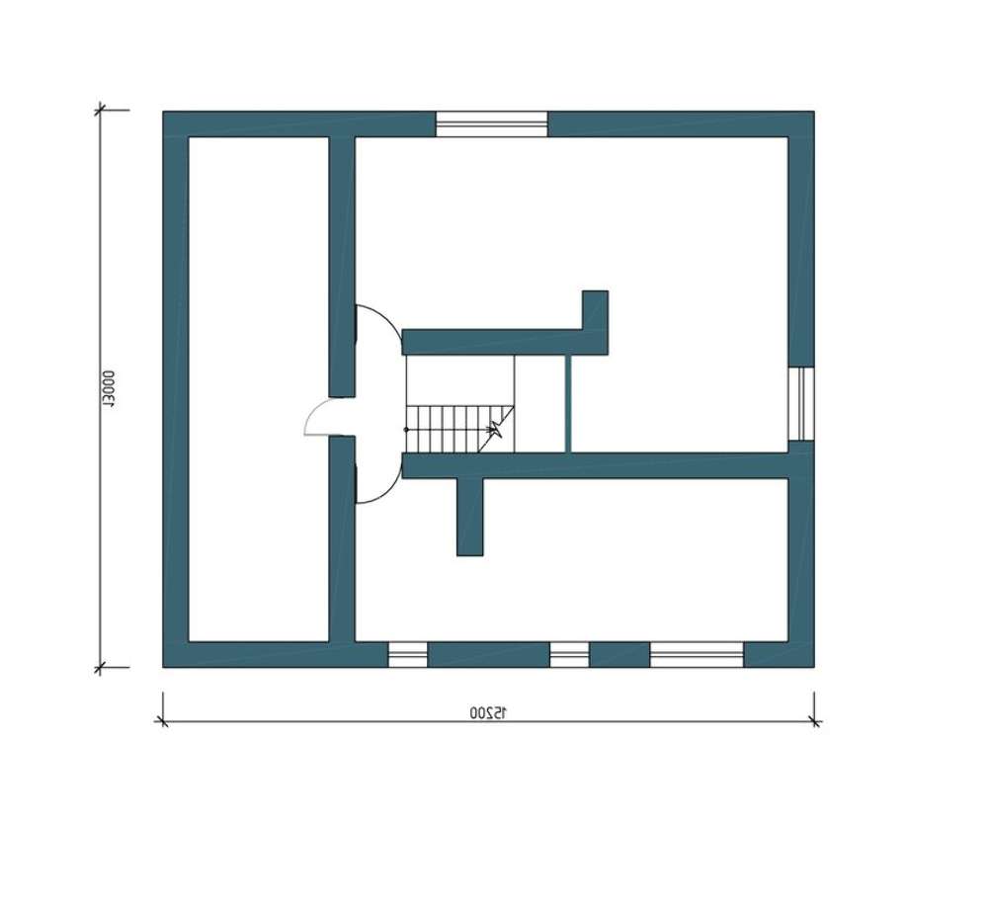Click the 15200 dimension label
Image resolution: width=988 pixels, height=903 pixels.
tap(488, 712)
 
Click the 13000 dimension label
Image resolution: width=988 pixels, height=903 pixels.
tap(109, 389)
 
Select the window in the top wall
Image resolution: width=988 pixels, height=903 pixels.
tap(492, 124)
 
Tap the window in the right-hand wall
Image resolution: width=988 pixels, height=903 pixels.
tap(801, 404)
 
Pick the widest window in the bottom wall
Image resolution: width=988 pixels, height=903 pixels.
tap(697, 655)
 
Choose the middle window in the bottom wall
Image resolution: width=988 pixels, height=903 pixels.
tap(570, 655)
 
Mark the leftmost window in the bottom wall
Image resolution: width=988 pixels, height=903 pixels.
tap(408, 655)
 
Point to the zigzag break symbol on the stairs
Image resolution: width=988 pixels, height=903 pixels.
tap(497, 431)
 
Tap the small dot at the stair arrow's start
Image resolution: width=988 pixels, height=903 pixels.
tap(406, 430)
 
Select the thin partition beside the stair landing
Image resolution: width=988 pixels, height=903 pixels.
tap(568, 403)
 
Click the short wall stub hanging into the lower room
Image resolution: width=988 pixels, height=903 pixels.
tap(470, 517)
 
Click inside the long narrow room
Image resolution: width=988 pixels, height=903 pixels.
tap(258, 389)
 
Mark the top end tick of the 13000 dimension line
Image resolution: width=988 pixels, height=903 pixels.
tap(99, 111)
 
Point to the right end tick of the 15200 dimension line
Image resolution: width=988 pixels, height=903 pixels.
tap(815, 722)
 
